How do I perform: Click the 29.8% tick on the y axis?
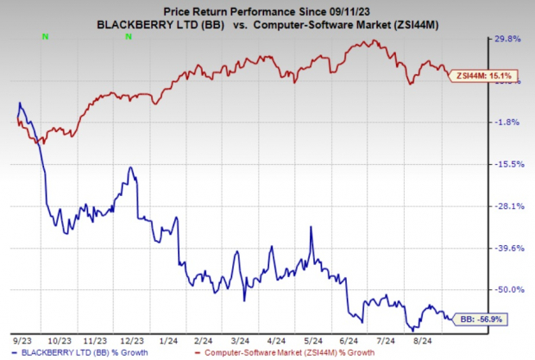click(509, 39)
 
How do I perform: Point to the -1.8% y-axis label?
click(509, 122)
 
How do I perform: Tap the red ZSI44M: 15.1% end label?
click(475, 74)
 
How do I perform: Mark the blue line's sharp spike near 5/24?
click(310, 228)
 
